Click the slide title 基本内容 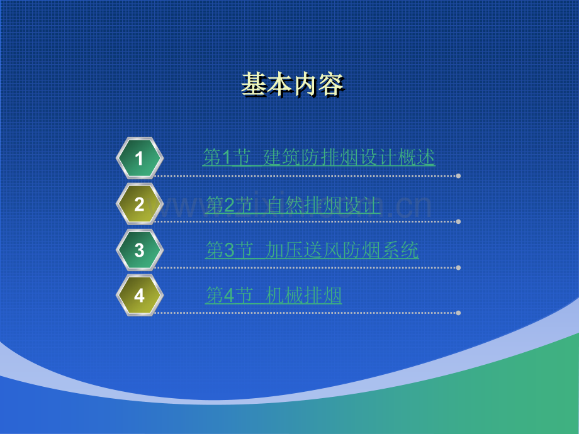point(293,84)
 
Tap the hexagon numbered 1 point(140,159)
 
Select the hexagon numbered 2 point(140,204)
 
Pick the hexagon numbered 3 point(140,250)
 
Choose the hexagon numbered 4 point(140,295)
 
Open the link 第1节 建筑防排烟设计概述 point(318,158)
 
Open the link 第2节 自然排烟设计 point(293,205)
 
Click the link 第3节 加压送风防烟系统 point(312,250)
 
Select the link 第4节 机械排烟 point(273,295)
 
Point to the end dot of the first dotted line point(458,176)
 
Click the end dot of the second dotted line point(458,222)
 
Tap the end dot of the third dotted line point(458,267)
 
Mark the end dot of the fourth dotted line point(458,313)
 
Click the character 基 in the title point(254,84)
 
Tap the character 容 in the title point(331,84)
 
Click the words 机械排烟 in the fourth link point(303,295)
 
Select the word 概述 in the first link point(417,158)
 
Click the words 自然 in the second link point(285,205)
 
